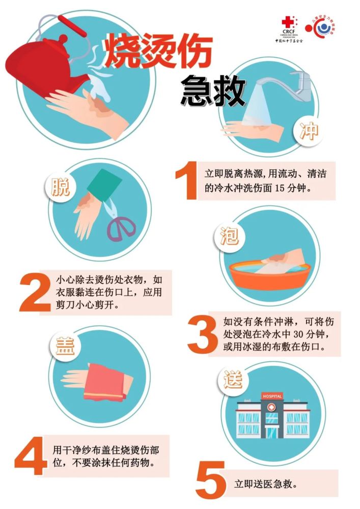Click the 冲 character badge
[x=309, y=132]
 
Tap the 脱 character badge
[x=61, y=187]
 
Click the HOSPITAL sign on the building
[x=272, y=396]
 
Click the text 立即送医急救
[x=265, y=484]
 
